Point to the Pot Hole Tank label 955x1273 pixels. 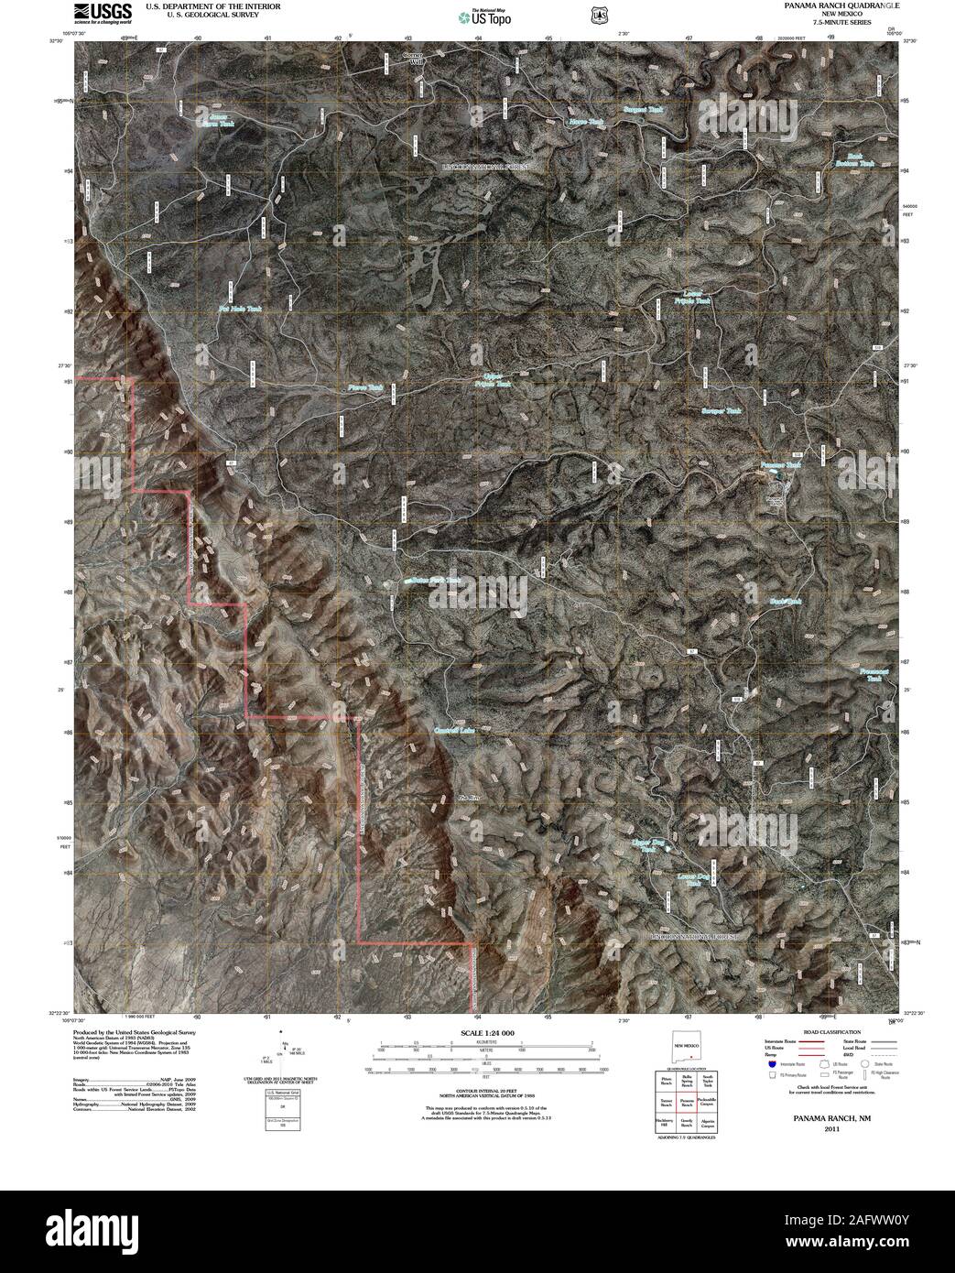point(237,310)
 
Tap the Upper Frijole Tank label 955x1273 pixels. point(493,381)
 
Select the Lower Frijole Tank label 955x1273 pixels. point(691,297)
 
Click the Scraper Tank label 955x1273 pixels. point(722,412)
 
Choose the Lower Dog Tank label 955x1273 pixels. point(694,880)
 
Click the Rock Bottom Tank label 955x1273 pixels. point(854,160)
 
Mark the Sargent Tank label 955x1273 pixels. point(643,110)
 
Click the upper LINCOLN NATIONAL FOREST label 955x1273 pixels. point(492,169)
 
